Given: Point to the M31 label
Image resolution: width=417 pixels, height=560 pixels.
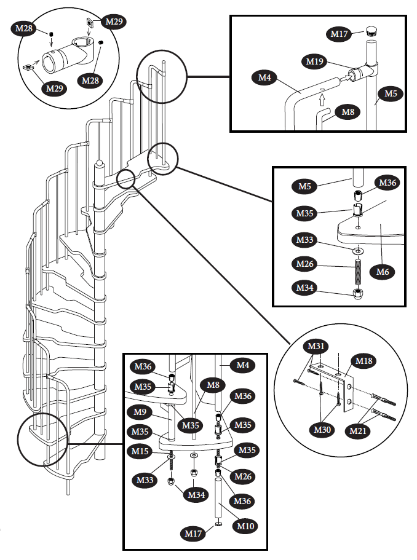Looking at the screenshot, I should point(317,348).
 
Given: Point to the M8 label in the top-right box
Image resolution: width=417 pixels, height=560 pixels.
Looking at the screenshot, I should point(347,112).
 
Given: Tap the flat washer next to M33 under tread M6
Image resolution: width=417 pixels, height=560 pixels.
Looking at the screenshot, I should point(357,251).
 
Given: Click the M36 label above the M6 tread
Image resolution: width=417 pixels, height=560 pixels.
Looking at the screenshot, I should point(387,183).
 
